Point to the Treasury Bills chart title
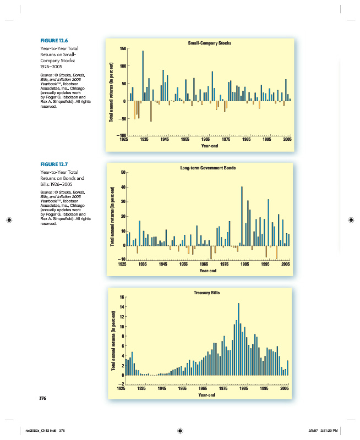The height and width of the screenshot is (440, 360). (207, 293)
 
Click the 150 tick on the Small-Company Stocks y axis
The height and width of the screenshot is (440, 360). (123, 49)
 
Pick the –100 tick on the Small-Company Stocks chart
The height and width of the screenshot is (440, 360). (122, 136)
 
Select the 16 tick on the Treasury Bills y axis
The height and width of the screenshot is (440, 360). (123, 298)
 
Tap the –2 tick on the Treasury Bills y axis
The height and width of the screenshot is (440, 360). (122, 384)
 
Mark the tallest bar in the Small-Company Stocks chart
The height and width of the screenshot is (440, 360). (143, 76)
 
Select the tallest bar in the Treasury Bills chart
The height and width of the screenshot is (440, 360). (238, 339)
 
